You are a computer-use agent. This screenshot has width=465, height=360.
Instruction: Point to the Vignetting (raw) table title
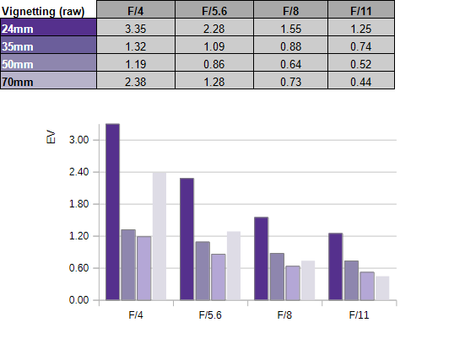click(43, 12)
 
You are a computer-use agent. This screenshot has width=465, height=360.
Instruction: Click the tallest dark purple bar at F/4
click(113, 212)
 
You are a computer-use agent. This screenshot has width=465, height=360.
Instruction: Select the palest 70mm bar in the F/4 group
click(160, 236)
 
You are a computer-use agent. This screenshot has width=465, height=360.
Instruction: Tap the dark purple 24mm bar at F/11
click(335, 266)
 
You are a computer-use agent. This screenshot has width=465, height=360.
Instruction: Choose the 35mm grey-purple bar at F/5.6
click(203, 271)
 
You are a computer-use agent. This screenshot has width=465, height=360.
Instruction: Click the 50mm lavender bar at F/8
click(293, 283)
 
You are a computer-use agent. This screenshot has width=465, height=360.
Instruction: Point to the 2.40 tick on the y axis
click(78, 172)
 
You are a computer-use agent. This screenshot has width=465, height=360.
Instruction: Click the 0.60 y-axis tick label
click(78, 268)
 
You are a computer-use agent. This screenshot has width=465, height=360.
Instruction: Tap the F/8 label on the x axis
click(284, 315)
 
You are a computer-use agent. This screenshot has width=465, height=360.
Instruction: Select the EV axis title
click(51, 137)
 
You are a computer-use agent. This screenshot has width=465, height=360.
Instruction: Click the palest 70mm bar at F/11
click(382, 288)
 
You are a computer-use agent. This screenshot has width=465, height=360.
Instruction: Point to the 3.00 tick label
click(78, 140)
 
